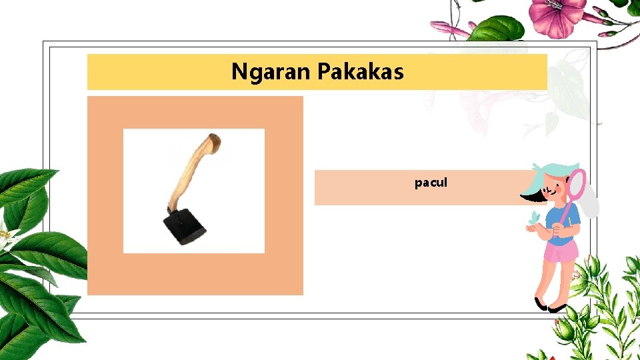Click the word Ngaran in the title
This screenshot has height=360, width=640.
pos(272,71)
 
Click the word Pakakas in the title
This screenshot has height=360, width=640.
pos(361,71)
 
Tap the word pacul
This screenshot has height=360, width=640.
pos(431,182)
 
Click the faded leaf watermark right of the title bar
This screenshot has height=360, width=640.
pos(567,87)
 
